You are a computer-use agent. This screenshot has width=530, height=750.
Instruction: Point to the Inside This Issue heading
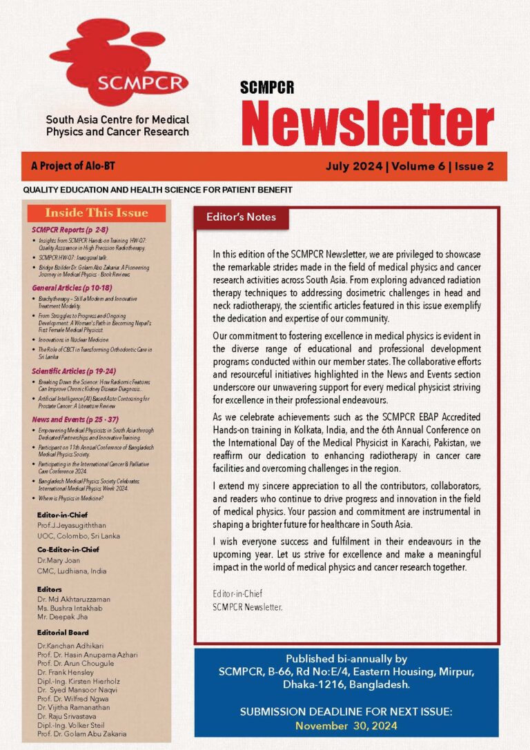coord(97,213)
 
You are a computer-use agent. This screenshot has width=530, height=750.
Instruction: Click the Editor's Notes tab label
coord(241,217)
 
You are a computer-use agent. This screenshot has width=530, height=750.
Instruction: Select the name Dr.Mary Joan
coord(59,561)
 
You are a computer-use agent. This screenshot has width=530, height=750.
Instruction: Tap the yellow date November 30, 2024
coord(346,725)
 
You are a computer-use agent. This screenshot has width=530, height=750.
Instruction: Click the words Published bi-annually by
coord(346,658)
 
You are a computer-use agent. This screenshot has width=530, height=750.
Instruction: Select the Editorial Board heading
coord(63,632)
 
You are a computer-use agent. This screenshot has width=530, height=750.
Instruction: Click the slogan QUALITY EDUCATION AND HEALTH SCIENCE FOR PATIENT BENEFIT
coord(158,189)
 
